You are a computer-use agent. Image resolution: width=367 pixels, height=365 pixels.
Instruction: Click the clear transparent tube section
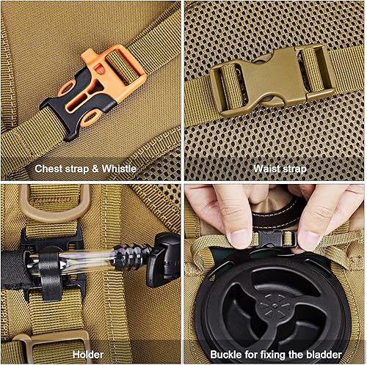click(95, 259)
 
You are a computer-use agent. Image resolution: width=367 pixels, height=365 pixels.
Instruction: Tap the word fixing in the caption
click(271, 353)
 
